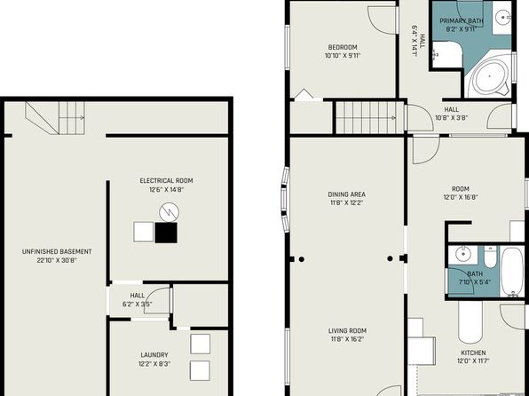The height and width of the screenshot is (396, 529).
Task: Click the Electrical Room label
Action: (x=166, y=180)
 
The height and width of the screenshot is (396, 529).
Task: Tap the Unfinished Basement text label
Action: (x=57, y=251)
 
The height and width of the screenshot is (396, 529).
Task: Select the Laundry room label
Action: (x=154, y=355)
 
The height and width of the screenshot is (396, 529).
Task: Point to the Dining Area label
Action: (x=346, y=194)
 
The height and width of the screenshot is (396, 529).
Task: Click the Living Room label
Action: (x=347, y=331)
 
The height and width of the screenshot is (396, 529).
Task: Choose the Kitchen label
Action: (x=473, y=352)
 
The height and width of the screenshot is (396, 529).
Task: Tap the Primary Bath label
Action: (x=462, y=21)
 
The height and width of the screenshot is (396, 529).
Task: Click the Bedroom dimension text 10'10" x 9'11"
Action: (x=343, y=56)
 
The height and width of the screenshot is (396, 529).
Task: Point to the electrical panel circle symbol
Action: (x=169, y=212)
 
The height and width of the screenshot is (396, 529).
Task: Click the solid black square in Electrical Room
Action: (x=166, y=233)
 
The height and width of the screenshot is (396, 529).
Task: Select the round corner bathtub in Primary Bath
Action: (x=490, y=76)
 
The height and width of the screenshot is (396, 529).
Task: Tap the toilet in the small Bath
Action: (x=490, y=257)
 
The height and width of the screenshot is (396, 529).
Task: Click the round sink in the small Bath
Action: (x=462, y=254)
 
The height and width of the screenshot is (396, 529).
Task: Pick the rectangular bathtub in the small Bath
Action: (x=512, y=272)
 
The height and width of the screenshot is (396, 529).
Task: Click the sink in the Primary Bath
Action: (x=503, y=17)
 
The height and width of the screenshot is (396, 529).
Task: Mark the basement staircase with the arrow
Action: (x=55, y=118)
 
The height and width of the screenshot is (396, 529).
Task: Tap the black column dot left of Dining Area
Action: (x=302, y=259)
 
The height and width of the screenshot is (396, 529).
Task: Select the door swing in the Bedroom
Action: (x=382, y=20)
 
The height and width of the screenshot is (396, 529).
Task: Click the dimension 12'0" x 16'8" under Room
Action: (x=461, y=197)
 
